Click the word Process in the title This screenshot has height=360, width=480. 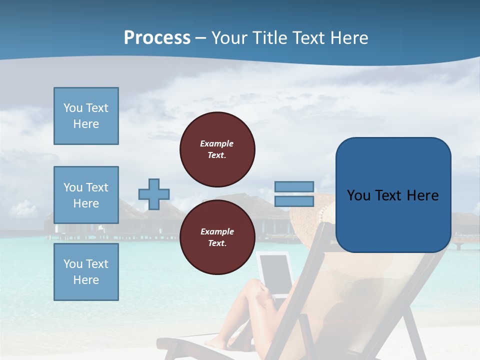(x=157, y=38)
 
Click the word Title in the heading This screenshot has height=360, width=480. (x=267, y=38)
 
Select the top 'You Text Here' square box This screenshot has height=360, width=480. (x=86, y=116)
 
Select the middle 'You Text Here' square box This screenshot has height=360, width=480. (x=86, y=195)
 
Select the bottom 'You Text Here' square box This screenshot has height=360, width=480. (x=86, y=271)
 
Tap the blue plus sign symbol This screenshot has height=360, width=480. (x=154, y=194)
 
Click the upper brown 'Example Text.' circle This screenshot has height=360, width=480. (x=217, y=149)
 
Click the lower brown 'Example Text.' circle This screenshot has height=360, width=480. (x=217, y=237)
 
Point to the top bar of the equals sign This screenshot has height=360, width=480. (x=294, y=186)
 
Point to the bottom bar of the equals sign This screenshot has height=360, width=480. (x=294, y=201)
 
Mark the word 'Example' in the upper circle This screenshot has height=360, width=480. (x=217, y=143)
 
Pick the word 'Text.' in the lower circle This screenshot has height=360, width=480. (x=217, y=243)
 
